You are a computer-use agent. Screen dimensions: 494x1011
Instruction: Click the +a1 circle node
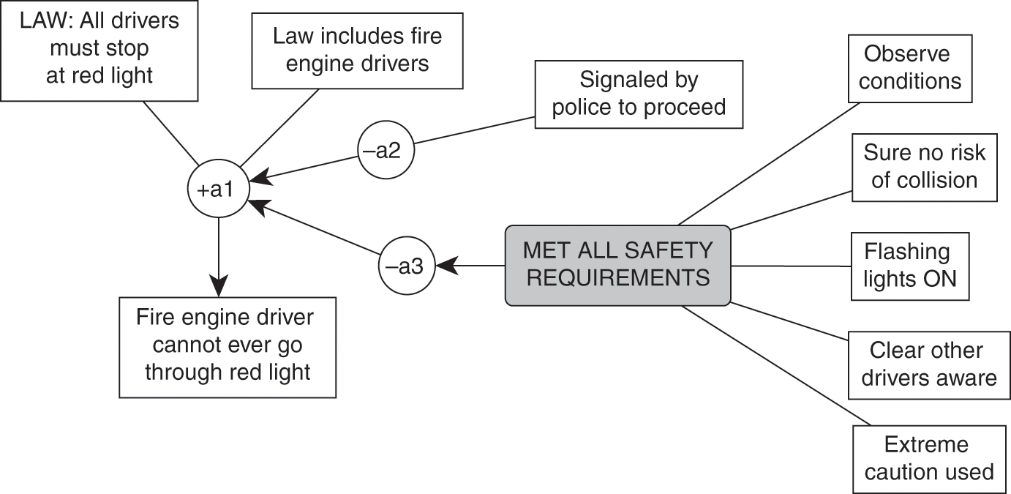[x=219, y=190]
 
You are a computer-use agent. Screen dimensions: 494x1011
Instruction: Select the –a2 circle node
[x=386, y=151]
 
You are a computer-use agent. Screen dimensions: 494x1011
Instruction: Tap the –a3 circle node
[x=406, y=266]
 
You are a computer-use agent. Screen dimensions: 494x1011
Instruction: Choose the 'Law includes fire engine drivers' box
[x=357, y=49]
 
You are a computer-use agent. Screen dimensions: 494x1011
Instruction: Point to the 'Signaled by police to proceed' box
[x=639, y=94]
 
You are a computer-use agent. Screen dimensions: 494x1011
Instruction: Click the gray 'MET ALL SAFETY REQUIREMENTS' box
[x=617, y=265]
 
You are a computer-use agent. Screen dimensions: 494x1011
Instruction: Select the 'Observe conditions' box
[x=910, y=67]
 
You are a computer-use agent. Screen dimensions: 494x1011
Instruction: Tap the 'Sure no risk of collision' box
[x=924, y=167]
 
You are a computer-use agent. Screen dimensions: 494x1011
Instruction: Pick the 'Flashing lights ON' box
[x=910, y=266]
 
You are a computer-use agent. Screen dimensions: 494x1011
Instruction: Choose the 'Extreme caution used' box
[x=928, y=458]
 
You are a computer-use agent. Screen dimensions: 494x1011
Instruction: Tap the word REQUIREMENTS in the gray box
[x=617, y=278]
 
